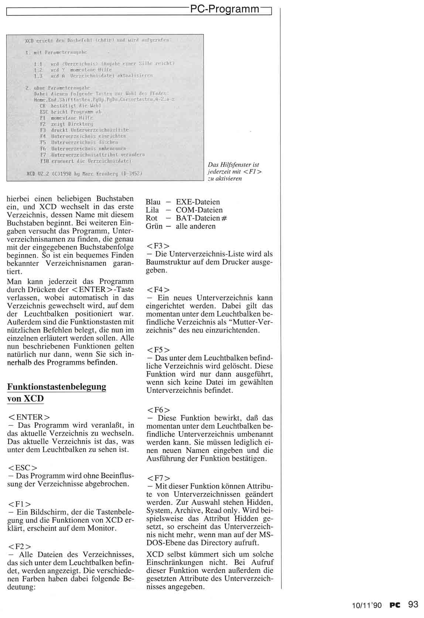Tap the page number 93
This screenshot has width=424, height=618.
pos(413,605)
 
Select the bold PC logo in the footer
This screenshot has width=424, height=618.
pos(395,605)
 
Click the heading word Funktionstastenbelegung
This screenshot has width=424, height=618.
pos(57,387)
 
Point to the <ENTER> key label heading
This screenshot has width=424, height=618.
pos(29,418)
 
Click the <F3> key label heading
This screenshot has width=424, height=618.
pos(158,246)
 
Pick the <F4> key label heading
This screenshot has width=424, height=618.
pos(158,289)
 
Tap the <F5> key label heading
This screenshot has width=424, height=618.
pos(158,350)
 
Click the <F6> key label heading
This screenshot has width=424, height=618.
pos(158,410)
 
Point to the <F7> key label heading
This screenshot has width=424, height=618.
pos(158,478)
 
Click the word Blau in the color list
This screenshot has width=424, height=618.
pos(153,202)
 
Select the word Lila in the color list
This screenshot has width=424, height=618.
pos(153,210)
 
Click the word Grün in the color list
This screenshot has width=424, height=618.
pos(154,226)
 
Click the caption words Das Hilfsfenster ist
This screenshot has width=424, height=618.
pos(233,165)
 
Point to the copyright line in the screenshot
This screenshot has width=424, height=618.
pos(85,173)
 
